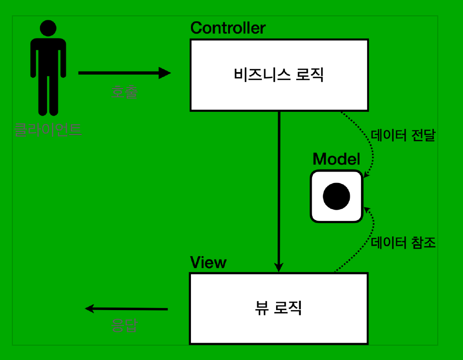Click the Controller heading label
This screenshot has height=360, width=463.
(228, 28)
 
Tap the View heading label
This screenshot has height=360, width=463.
(208, 263)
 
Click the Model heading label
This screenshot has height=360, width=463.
(336, 159)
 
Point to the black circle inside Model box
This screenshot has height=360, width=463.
(336, 196)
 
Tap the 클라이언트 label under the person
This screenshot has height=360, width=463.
(48, 131)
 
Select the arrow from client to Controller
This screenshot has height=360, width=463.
(124, 73)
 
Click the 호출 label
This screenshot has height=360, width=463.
(124, 92)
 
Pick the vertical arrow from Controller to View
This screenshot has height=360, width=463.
(279, 188)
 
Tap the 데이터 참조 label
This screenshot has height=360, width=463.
(403, 243)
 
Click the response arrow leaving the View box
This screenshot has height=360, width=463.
(126, 309)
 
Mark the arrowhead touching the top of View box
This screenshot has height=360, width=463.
(279, 268)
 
